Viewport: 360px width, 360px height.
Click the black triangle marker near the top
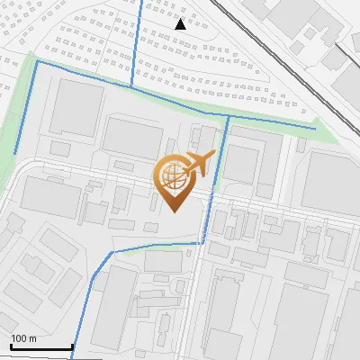pos(181,24)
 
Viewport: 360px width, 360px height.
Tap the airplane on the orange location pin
pos(200,163)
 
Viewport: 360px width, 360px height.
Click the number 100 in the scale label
pos(20,338)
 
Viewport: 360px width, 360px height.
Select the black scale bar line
pos(40,346)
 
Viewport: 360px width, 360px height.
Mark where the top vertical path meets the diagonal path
pos(132,87)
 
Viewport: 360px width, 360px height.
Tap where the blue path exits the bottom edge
pos(72,356)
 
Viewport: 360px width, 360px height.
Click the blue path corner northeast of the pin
pos(229,116)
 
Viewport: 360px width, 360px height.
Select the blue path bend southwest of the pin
pos(110,254)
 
